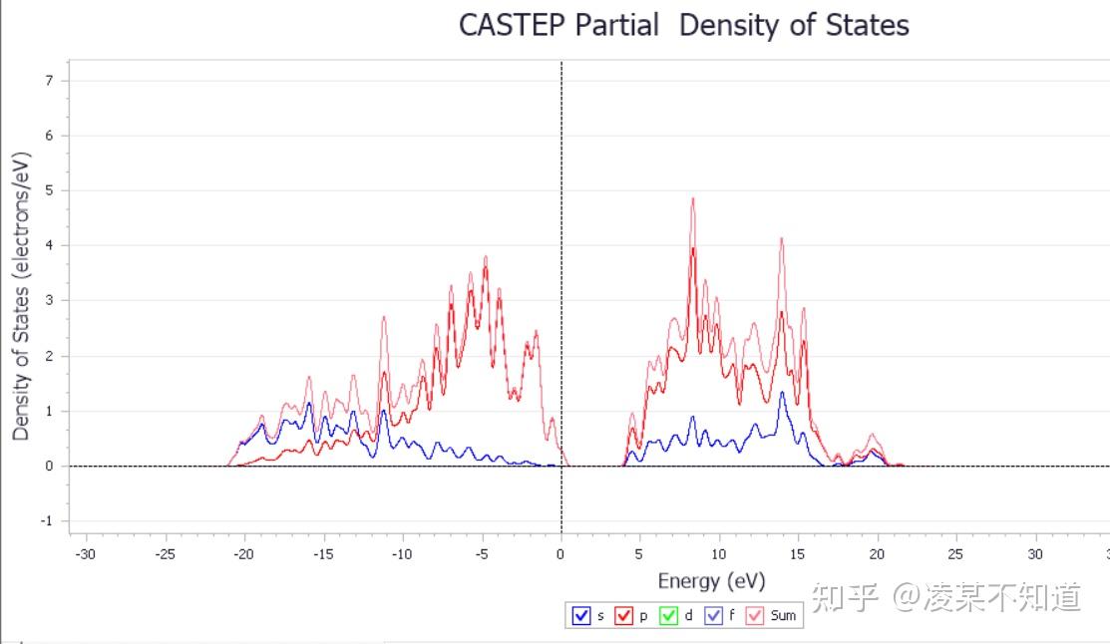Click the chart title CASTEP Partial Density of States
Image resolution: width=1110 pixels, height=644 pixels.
pos(683,25)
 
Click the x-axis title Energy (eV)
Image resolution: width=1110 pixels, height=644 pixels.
pos(711,581)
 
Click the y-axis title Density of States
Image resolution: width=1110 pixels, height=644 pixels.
pos(22,296)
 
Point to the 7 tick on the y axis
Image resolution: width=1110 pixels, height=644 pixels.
pos(49,80)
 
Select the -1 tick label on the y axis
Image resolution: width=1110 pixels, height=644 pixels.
pos(47,521)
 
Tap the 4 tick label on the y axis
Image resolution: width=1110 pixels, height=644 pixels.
pos(49,245)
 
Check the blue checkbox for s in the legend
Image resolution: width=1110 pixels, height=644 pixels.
pos(581,616)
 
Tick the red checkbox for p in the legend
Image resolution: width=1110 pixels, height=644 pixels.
pos(625,616)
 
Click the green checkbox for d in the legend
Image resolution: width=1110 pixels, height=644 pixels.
pos(669,616)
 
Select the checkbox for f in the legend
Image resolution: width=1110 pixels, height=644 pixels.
pos(713,616)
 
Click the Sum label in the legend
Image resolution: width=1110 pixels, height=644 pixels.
pos(784,616)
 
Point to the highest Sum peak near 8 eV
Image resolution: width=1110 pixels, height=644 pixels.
pos(692,198)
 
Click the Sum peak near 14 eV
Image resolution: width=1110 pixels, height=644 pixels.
pos(782,238)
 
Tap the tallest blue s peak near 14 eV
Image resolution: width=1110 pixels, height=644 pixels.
pos(782,392)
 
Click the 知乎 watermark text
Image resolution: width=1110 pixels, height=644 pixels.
pos(844,597)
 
